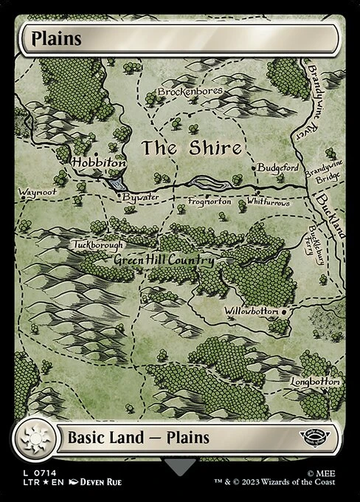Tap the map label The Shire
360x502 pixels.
tap(192, 148)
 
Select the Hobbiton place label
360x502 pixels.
tap(98, 162)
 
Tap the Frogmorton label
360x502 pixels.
tap(210, 201)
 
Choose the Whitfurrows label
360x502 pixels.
tap(269, 202)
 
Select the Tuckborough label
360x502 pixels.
tap(98, 244)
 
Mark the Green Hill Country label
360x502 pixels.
tap(163, 261)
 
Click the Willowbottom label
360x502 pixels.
tap(252, 311)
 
